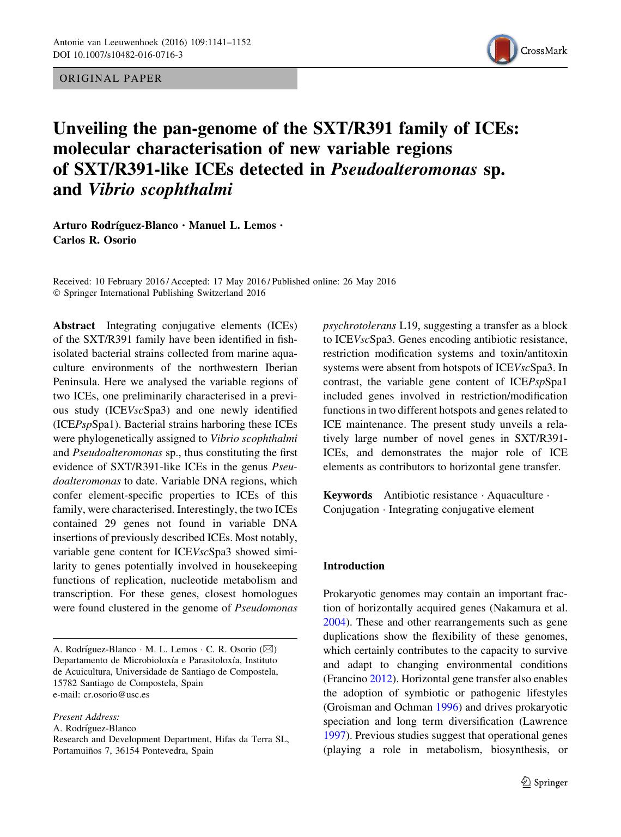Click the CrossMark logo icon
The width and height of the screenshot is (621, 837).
point(502,50)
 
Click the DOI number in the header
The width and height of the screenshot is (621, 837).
point(118,54)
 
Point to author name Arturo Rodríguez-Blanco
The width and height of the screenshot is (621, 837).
point(115,226)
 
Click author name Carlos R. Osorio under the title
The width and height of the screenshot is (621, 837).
point(94,240)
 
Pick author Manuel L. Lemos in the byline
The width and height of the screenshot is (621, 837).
point(232,226)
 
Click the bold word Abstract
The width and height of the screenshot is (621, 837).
point(74,326)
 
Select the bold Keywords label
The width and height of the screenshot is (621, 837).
point(348,495)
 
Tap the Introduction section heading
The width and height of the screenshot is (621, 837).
point(354,566)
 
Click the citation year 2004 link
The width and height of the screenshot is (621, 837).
point(334,622)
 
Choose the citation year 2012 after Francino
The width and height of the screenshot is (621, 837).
point(380,679)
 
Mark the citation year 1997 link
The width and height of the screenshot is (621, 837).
point(334,736)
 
